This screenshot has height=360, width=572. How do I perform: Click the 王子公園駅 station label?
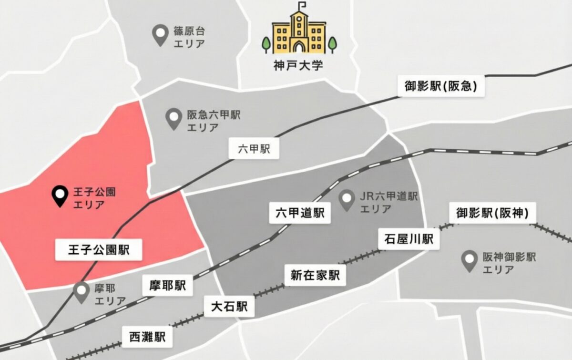(x=99, y=249)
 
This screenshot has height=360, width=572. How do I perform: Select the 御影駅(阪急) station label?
(x=441, y=86)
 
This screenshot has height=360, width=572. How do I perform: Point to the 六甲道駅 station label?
(x=300, y=213)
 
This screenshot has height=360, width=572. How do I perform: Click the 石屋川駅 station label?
(x=409, y=239)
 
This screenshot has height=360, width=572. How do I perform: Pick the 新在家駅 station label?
(x=315, y=275)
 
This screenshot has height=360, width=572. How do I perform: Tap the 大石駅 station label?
(x=229, y=306)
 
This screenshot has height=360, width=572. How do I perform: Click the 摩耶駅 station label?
(x=167, y=286)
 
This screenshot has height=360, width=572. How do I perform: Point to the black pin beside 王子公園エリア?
(x=60, y=195)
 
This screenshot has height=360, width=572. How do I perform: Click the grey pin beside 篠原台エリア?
(x=159, y=36)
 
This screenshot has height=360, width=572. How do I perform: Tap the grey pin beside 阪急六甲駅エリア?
(x=173, y=118)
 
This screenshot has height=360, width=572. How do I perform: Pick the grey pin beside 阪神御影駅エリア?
(x=470, y=261)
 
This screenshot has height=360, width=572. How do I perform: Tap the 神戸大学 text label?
(x=299, y=64)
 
